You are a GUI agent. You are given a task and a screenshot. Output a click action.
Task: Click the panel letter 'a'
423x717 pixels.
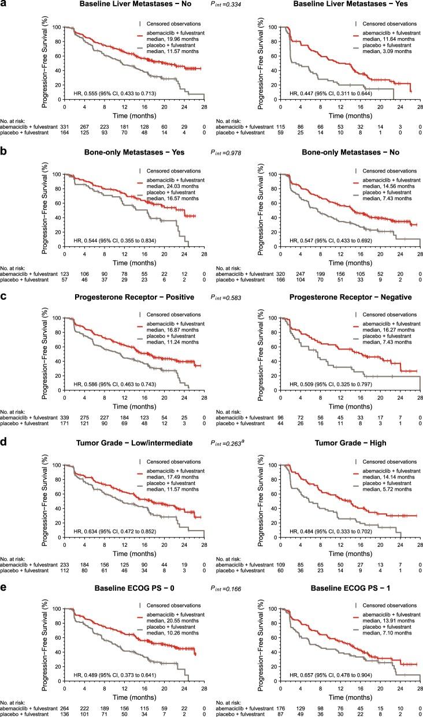coord(4,6)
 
